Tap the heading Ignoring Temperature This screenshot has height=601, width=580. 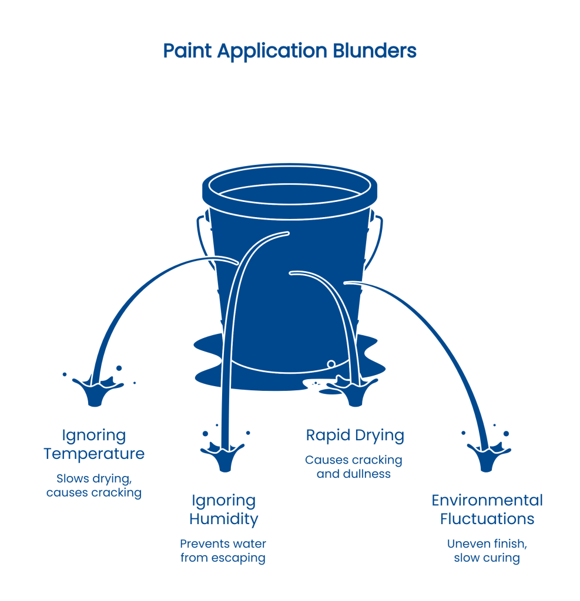94,444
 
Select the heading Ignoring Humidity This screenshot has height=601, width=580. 223,509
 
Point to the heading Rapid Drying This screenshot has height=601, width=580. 355,435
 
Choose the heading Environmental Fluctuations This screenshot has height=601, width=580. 487,509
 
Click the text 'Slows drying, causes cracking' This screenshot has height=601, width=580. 94,485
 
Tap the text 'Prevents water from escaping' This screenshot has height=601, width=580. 223,551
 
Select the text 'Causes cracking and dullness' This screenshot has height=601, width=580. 354,467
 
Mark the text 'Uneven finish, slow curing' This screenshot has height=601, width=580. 487,551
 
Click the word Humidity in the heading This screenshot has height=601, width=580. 223,519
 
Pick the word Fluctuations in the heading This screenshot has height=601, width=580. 487,519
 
